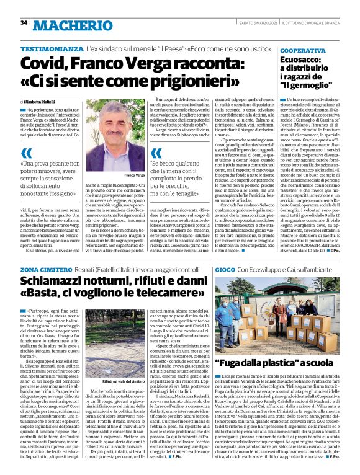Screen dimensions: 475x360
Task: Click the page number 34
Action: coord(24,23)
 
